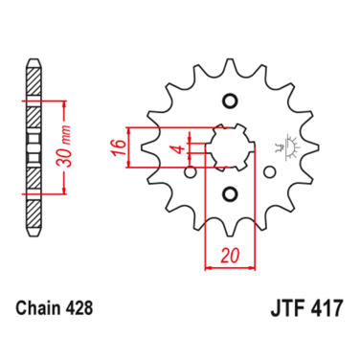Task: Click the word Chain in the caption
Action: click(38, 307)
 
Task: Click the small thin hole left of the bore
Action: click(189, 172)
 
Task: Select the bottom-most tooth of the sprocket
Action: click(230, 233)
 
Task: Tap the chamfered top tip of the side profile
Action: click(34, 65)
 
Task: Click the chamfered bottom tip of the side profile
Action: click(34, 231)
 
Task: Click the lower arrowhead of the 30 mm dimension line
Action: click(61, 191)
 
